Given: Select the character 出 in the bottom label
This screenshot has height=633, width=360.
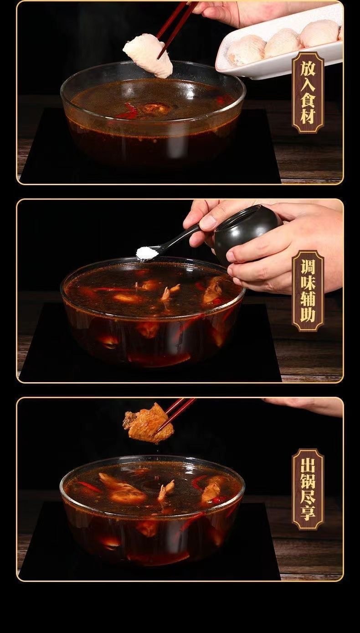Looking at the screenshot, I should pos(308,464).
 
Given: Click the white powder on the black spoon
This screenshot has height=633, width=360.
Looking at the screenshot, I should pos(147,253).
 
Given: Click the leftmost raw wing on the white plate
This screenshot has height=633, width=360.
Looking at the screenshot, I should pos(247,51).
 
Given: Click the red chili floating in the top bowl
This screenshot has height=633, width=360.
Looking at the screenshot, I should pos(128,112).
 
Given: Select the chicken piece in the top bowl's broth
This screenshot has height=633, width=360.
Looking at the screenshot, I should pos(155,109).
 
